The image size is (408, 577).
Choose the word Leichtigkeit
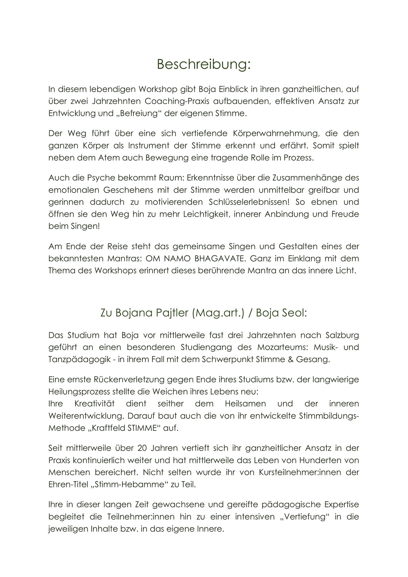point(206,214)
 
